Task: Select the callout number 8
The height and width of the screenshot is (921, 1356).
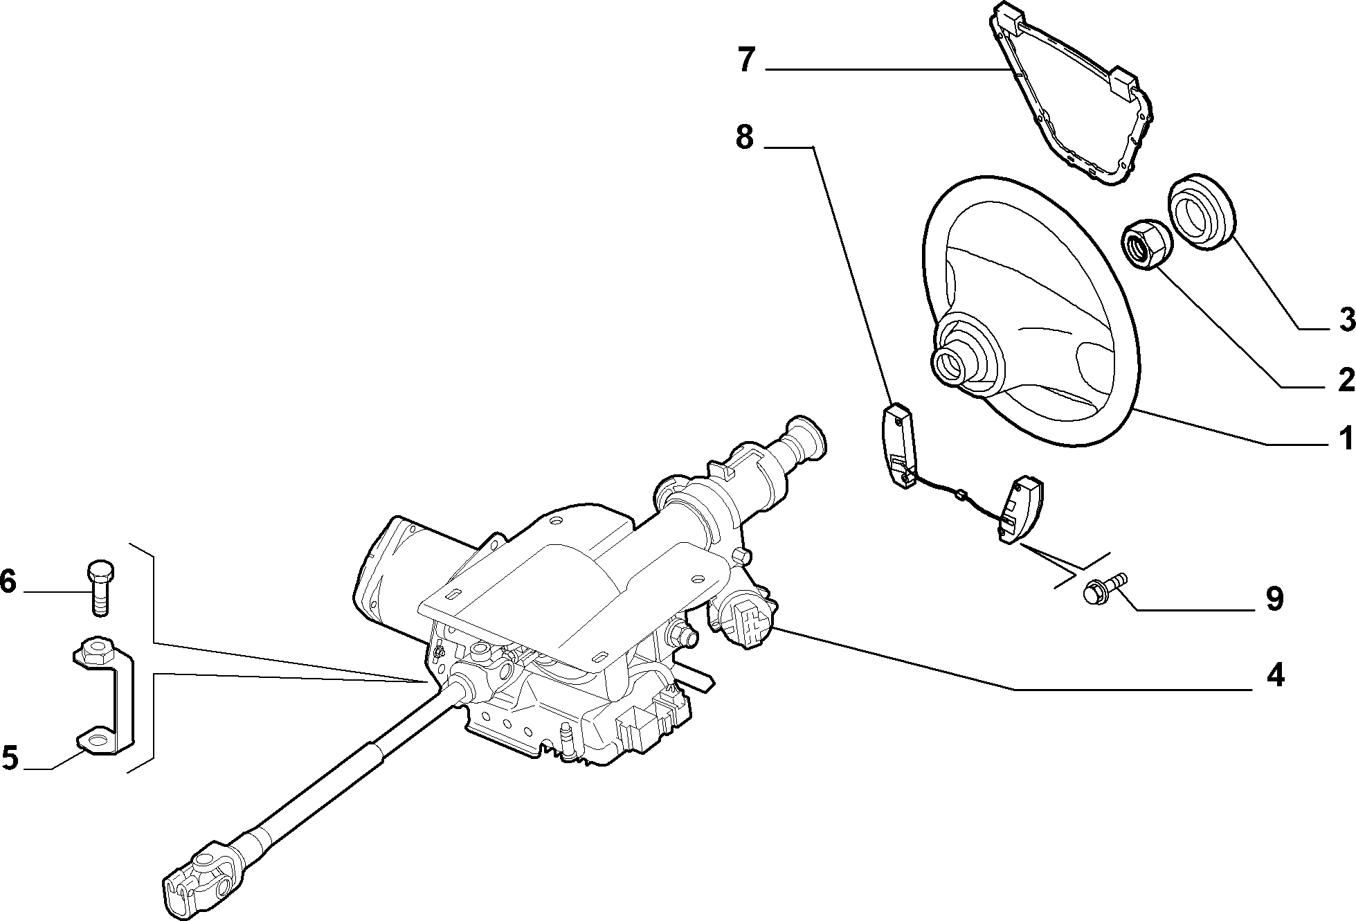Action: (744, 137)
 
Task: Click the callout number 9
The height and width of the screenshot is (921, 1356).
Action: (1275, 599)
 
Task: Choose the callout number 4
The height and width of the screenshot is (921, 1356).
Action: (1275, 675)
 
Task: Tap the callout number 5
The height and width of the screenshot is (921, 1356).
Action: (9, 758)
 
